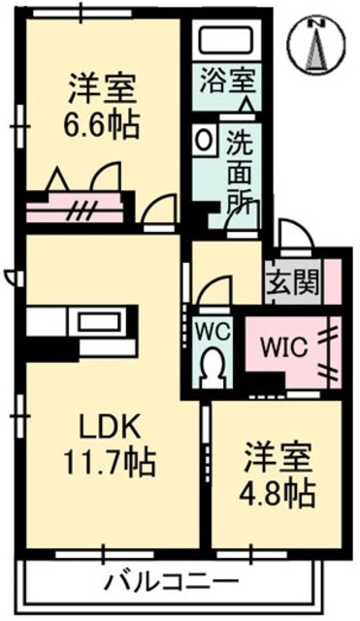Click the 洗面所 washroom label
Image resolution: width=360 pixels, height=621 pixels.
241,171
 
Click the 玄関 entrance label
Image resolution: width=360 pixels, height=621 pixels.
292,283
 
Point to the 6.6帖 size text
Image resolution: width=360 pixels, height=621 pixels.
102,125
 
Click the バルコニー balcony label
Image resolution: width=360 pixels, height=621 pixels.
159,583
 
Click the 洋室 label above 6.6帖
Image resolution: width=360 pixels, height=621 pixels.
102,90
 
